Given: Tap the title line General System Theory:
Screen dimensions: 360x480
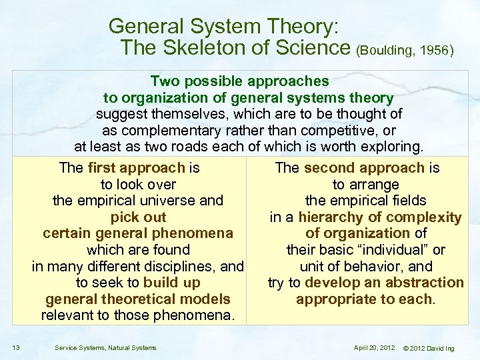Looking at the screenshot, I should click(225, 27).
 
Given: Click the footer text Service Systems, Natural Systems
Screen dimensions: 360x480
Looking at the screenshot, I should click(105, 347).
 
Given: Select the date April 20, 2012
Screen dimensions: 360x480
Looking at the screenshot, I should click(375, 347).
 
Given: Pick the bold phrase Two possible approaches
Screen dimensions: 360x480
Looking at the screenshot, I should click(239, 81).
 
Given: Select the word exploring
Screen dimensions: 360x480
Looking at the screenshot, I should click(391, 146).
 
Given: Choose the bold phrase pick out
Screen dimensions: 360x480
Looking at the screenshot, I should click(139, 217).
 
